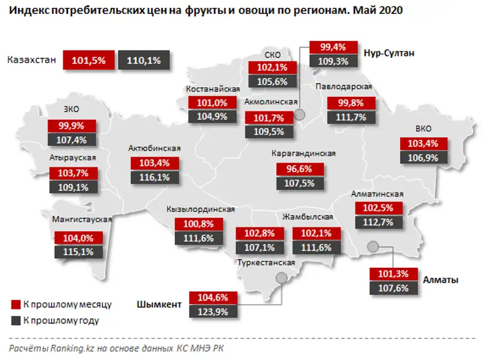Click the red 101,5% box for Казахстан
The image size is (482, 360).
click(88, 60)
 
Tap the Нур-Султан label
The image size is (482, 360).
click(391, 53)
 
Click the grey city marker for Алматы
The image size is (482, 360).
click(373, 246)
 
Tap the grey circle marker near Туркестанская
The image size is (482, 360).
click(280, 278)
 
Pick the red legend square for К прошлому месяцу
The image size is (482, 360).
click(16, 305)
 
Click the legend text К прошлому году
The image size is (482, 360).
click(60, 321)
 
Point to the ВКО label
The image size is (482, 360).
click(423, 129)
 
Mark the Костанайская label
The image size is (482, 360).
click(209, 89)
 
